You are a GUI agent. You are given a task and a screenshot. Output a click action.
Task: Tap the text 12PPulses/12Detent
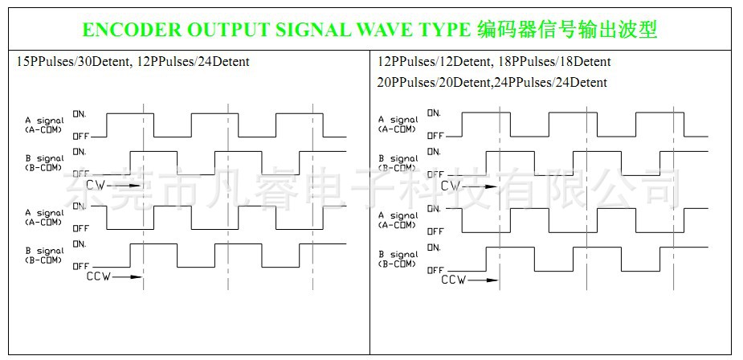(431, 61)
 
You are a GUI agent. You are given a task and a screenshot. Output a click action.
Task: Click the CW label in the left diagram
(95, 185)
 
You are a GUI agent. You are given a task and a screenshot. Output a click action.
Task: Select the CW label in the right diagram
(451, 186)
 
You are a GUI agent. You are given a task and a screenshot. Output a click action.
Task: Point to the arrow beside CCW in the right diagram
(483, 280)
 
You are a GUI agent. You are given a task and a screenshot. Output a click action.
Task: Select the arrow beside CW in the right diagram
(480, 186)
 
